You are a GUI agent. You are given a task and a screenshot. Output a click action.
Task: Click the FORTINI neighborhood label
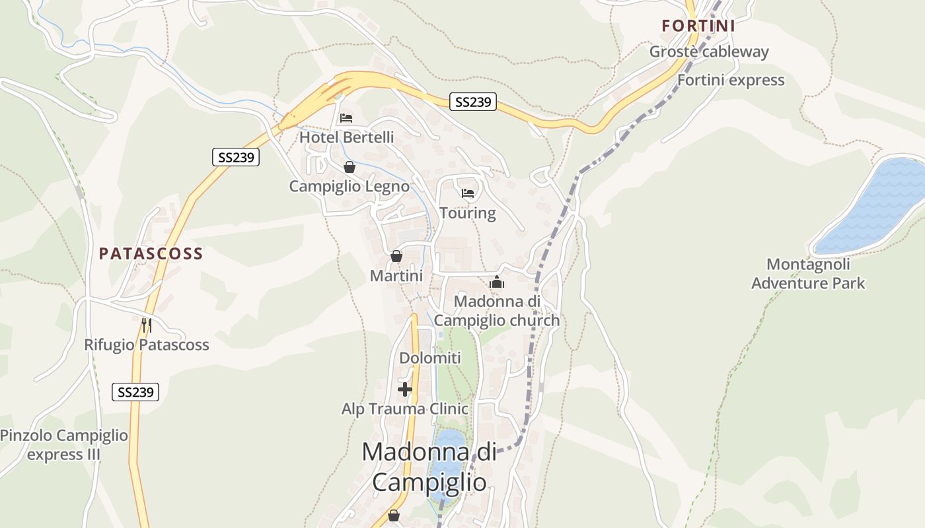698,26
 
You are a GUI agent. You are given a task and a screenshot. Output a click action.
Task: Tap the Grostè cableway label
709,51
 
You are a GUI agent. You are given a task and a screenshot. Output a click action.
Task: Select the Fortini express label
731,81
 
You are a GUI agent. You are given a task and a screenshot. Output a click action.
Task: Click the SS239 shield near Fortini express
474,102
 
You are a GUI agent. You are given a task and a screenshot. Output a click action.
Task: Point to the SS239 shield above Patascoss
236,157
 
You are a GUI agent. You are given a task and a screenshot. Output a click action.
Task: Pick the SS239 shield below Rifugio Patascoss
135,392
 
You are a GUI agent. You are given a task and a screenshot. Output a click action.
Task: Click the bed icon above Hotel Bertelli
346,119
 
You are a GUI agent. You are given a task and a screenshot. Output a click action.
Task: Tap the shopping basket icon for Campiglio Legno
350,168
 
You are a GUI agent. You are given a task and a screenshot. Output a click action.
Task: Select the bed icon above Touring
468,193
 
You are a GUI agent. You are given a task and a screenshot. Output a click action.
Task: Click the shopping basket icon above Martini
396,256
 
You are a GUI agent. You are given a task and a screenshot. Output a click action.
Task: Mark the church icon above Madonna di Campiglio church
497,282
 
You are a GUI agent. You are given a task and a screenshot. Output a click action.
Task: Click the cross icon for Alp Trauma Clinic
405,389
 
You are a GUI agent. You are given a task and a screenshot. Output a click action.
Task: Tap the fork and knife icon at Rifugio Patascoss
147,325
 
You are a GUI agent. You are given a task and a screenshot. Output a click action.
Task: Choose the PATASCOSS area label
151,254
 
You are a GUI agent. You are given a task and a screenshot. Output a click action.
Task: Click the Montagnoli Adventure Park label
808,274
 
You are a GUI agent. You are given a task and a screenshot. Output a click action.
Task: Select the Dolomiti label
430,358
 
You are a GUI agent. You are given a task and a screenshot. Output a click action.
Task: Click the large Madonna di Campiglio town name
429,467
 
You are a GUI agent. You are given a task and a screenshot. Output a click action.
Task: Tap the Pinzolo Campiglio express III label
64,445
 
